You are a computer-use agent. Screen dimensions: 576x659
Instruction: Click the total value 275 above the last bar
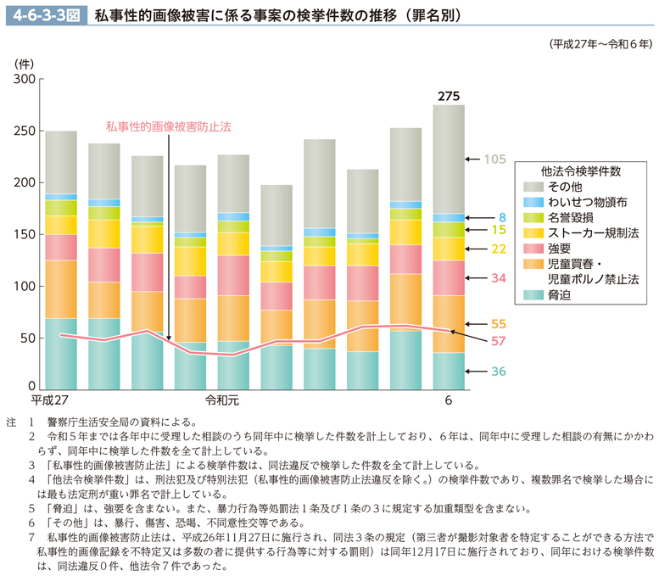tap(449, 96)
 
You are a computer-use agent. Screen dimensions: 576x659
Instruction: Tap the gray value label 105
tap(495, 159)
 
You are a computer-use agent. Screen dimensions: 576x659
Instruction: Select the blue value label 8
tap(502, 217)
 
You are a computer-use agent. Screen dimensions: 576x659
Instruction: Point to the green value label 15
tap(499, 230)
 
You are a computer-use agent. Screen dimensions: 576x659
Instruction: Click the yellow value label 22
tap(499, 249)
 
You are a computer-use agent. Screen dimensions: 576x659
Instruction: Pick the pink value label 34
tap(499, 277)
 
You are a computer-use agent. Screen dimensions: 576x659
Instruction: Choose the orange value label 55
tap(499, 324)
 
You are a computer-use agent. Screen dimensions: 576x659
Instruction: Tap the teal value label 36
tap(499, 372)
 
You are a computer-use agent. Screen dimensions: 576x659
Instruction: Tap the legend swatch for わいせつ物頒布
tap(533, 203)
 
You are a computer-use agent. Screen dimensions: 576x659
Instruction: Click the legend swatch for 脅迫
tap(533, 294)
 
